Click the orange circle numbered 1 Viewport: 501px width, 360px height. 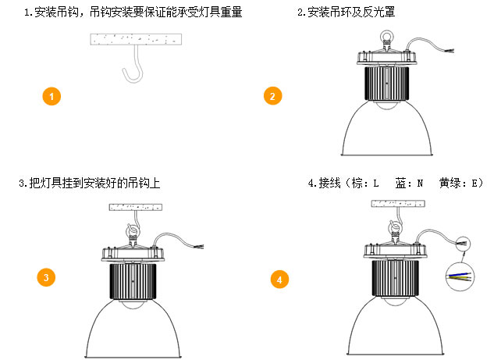pyautogui.click(x=51, y=97)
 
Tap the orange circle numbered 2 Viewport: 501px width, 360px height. pyautogui.click(x=272, y=97)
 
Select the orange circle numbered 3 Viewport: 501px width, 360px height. pyautogui.click(x=47, y=277)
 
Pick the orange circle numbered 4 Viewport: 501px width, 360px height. pyautogui.click(x=279, y=279)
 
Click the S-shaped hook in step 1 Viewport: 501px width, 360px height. pyautogui.click(x=133, y=67)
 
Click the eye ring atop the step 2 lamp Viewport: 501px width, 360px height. pyautogui.click(x=386, y=37)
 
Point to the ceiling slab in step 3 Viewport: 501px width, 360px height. pyautogui.click(x=136, y=208)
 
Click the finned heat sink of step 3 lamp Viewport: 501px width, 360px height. pyautogui.click(x=135, y=280)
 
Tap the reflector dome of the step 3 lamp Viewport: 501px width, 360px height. pyautogui.click(x=135, y=328)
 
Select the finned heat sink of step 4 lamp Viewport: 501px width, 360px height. pyautogui.click(x=397, y=277)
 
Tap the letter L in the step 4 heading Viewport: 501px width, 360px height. pyautogui.click(x=375, y=184)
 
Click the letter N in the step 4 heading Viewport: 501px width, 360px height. pyautogui.click(x=420, y=184)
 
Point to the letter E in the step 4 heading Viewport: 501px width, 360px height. pyautogui.click(x=474, y=184)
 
